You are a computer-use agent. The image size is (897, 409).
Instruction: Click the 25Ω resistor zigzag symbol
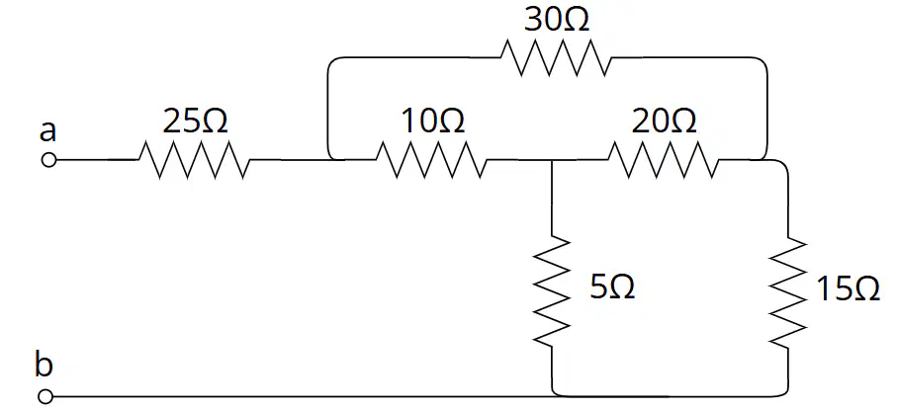pyautogui.click(x=194, y=160)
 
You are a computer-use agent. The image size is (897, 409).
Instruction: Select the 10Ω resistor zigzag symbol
pyautogui.click(x=431, y=160)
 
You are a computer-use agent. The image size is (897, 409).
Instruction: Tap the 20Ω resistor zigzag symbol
pyautogui.click(x=664, y=160)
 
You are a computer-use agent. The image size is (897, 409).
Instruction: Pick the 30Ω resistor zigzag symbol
pyautogui.click(x=556, y=57)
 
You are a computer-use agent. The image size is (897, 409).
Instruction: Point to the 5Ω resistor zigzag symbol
pyautogui.click(x=552, y=290)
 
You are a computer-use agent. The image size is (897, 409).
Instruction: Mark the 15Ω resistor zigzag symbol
pyautogui.click(x=788, y=290)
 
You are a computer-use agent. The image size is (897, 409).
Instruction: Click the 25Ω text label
pyautogui.click(x=195, y=122)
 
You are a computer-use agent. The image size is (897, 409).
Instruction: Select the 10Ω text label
pyautogui.click(x=433, y=122)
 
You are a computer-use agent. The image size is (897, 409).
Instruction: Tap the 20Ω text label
pyautogui.click(x=665, y=122)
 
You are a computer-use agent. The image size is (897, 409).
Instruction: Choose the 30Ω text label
pyautogui.click(x=557, y=21)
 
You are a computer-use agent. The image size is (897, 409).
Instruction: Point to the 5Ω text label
pyautogui.click(x=612, y=286)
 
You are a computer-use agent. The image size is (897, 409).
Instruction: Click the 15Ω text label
pyautogui.click(x=848, y=288)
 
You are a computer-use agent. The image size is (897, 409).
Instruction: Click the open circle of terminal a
pyautogui.click(x=49, y=160)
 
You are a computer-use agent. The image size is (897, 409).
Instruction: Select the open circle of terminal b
pyautogui.click(x=46, y=396)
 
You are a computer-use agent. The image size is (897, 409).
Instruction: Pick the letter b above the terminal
pyautogui.click(x=45, y=365)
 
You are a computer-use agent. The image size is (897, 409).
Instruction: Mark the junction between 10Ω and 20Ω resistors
pyautogui.click(x=552, y=160)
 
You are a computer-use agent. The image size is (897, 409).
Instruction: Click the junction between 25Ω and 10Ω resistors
pyautogui.click(x=330, y=159)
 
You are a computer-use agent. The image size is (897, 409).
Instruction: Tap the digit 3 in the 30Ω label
pyautogui.click(x=533, y=22)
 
